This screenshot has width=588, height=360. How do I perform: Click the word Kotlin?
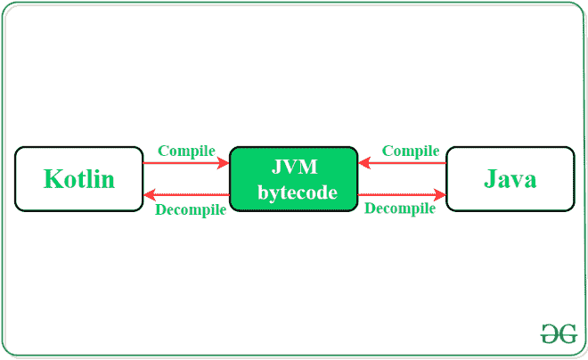(79, 179)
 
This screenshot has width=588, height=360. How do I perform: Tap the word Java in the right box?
(510, 179)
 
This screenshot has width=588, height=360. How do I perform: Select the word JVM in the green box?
(294, 168)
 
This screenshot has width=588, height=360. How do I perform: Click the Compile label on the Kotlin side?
(186, 151)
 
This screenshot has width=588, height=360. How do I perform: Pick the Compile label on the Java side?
(411, 151)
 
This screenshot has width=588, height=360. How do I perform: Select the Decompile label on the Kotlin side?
(190, 210)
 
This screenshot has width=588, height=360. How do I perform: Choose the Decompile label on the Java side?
(400, 209)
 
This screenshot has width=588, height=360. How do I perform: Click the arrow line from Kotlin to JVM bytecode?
(183, 164)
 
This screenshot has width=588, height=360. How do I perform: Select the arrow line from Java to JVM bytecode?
(405, 164)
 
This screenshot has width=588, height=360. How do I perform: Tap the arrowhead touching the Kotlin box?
(151, 194)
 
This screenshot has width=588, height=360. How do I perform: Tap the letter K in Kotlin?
(53, 179)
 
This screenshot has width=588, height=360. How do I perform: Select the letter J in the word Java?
(490, 179)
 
